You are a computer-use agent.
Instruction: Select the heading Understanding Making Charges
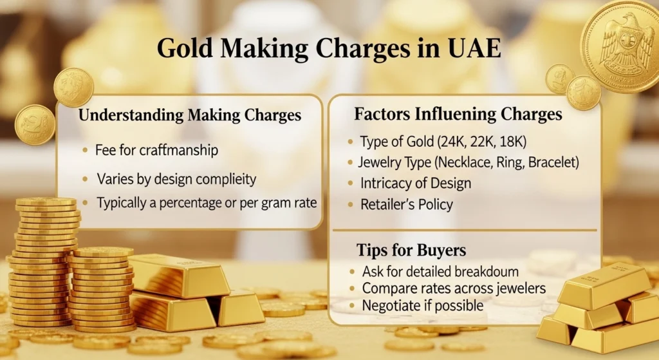point(189,116)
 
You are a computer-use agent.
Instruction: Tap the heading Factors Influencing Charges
point(458,115)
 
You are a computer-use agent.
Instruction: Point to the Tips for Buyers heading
point(411,249)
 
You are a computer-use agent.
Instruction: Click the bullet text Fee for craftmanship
point(156,150)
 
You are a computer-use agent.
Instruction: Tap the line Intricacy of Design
point(415,183)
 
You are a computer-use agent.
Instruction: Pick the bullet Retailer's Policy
point(407,205)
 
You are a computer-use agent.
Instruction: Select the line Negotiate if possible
point(422,305)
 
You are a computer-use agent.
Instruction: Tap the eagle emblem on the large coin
point(620,46)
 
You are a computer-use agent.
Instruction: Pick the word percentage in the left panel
point(197,202)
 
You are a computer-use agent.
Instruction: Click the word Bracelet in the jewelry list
point(555,162)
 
